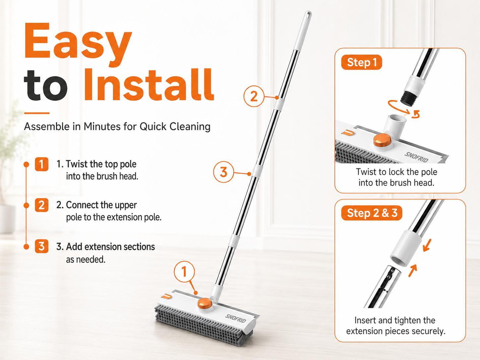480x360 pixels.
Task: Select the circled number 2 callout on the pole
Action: point(254,96)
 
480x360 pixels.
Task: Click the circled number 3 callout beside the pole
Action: point(223,172)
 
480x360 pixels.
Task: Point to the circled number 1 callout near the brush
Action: point(184,272)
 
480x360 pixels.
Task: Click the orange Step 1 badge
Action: point(361,63)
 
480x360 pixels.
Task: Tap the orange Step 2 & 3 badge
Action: point(372,213)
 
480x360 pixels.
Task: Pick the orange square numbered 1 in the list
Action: point(41,164)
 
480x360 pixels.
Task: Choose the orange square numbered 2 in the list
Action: point(41,205)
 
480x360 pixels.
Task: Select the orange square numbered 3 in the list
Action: point(41,246)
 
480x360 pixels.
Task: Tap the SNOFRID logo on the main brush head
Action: point(236,319)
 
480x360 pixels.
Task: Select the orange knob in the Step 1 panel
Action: point(382,140)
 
